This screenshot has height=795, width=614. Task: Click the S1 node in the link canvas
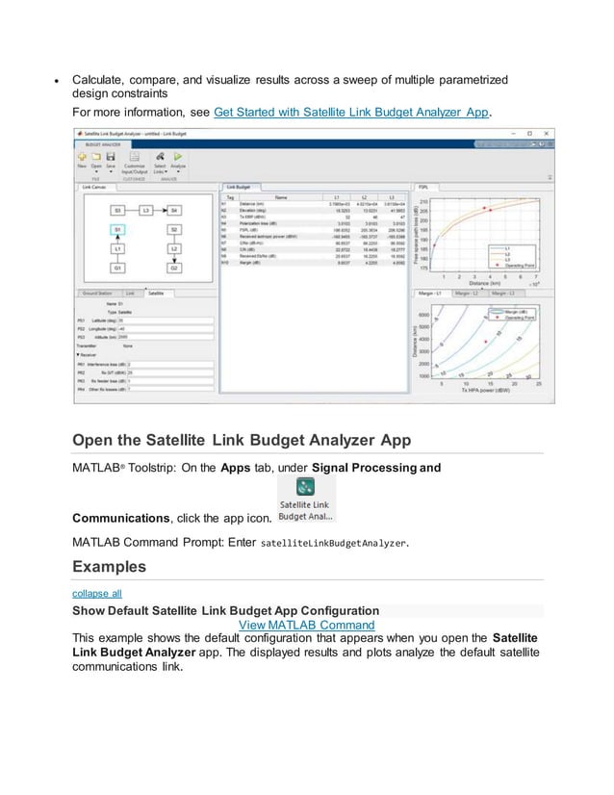(116, 230)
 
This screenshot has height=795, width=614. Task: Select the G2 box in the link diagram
(174, 269)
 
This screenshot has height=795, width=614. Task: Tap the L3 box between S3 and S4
(146, 209)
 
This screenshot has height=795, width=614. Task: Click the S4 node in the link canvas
(174, 209)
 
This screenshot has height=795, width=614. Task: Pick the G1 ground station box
(116, 269)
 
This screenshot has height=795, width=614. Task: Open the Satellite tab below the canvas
(156, 291)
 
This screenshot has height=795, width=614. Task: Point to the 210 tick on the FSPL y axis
(423, 201)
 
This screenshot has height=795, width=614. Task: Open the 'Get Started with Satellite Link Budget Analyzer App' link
(352, 112)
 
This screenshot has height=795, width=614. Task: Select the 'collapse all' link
(97, 594)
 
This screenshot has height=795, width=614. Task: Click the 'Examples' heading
(110, 567)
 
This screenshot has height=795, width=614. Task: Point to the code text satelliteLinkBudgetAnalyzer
(334, 543)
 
